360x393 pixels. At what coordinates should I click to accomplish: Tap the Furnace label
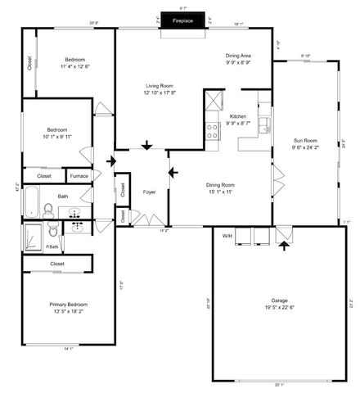coord(79,176)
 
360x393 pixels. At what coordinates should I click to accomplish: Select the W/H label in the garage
coord(227,236)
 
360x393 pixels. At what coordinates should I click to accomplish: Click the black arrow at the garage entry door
coord(284,242)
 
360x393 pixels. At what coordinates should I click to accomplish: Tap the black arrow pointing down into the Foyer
coord(146,147)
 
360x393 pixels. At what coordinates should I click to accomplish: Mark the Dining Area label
coord(239,56)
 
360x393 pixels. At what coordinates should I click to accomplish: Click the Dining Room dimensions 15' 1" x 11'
coord(220,192)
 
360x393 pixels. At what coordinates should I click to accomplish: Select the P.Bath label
coord(52,246)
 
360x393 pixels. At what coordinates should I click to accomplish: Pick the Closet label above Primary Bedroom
coord(57,264)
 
